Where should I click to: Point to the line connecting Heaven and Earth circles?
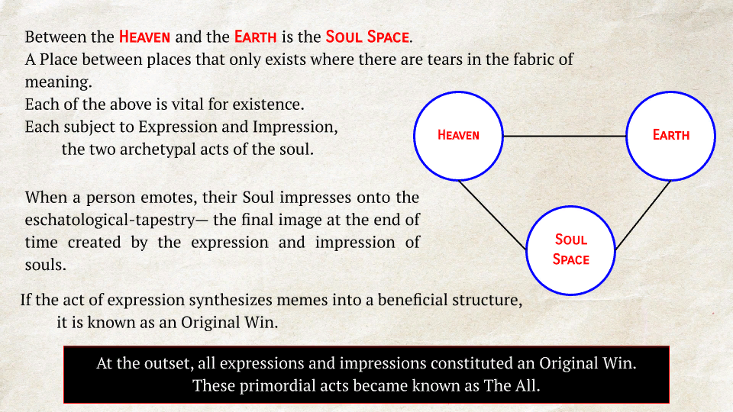(x=565, y=136)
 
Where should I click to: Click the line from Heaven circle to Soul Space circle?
(x=492, y=215)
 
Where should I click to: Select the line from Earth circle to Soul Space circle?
(x=643, y=215)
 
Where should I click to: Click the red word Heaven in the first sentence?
(x=144, y=37)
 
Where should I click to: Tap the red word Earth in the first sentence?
(x=255, y=37)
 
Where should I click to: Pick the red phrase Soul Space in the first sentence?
(x=367, y=37)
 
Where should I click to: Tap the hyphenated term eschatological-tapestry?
(x=110, y=220)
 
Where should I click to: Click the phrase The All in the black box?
(x=512, y=386)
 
